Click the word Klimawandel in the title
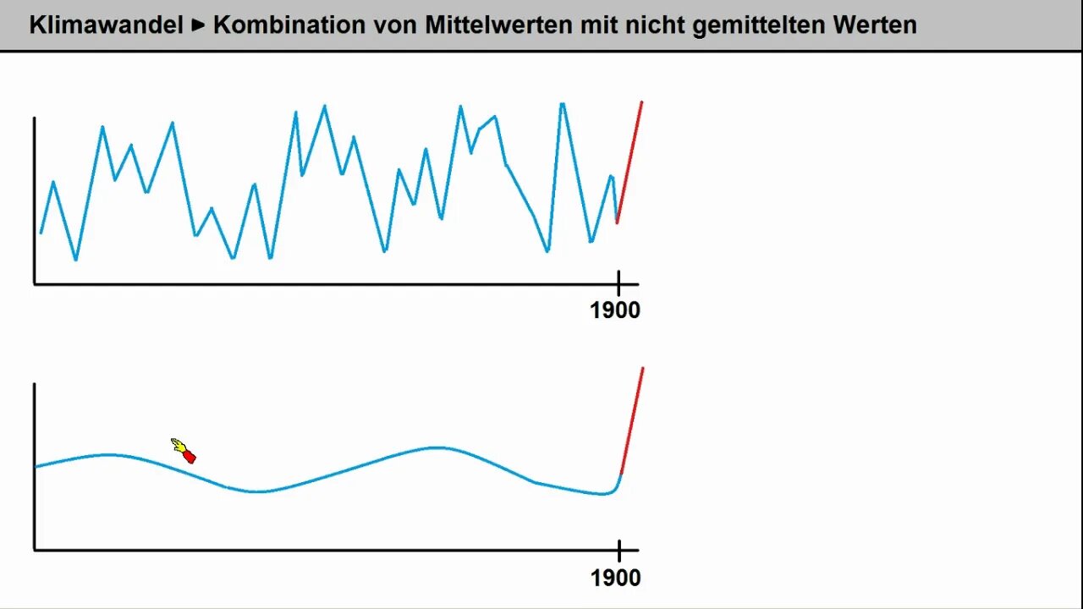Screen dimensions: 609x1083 pos(106,25)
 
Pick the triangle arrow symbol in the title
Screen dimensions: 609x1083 pos(199,25)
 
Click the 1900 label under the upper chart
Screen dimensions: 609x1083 pos(615,310)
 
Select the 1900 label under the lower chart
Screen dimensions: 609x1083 pos(615,578)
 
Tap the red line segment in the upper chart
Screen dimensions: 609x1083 pos(629,161)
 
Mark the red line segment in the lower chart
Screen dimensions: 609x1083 pos(632,420)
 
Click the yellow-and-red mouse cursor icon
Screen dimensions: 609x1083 pos(184,451)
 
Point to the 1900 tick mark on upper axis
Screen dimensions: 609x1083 pos(618,283)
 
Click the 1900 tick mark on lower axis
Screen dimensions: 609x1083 pos(618,551)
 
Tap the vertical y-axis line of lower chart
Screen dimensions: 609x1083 pos(35,465)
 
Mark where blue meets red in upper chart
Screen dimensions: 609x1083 pos(617,222)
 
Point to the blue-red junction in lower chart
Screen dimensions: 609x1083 pos(620,475)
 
